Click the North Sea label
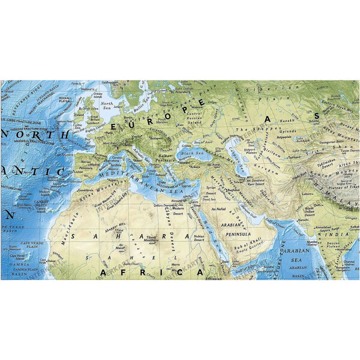pos(107,106)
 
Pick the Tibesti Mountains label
pos(149,229)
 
